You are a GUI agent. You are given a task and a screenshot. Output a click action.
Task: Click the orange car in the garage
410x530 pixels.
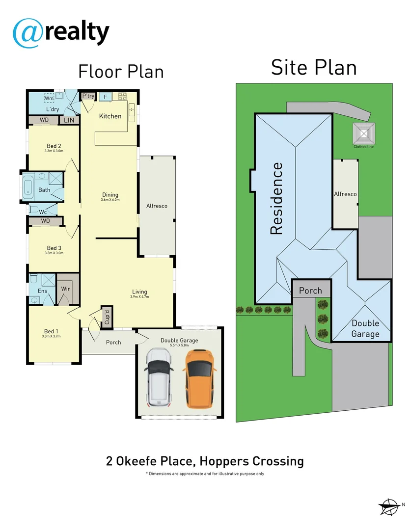199,379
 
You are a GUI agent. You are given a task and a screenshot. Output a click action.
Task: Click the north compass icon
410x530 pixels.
389,505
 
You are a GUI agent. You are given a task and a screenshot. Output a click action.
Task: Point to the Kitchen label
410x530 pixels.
110,116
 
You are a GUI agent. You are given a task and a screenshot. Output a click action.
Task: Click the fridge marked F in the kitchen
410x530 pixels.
105,97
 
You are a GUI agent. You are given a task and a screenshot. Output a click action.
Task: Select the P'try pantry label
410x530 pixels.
88,96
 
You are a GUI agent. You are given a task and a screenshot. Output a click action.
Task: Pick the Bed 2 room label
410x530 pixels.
54,146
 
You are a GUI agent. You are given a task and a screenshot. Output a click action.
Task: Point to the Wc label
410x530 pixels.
43,212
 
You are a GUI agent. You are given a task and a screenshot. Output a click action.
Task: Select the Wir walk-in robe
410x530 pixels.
65,289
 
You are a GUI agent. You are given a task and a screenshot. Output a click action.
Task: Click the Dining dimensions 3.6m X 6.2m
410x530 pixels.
110,200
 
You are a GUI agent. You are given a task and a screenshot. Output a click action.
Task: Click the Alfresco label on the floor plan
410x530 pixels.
157,206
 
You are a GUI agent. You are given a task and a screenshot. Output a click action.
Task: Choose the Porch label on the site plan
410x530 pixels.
310,291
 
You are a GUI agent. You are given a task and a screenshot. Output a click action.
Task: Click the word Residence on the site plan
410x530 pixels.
277,198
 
